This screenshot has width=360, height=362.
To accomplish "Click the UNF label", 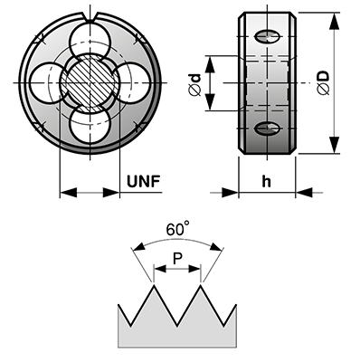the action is pyautogui.click(x=143, y=181).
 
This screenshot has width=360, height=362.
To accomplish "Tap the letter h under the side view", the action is pyautogui.click(x=266, y=182).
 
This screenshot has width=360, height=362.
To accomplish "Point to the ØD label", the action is pyautogui.click(x=324, y=83).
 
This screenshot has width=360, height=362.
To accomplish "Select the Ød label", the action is pyautogui.click(x=196, y=84).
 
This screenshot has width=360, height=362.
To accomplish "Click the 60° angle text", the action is pyautogui.click(x=178, y=229).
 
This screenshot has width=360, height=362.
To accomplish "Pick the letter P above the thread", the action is pyautogui.click(x=178, y=259).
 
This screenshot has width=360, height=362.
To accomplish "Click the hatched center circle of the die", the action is pyautogui.click(x=90, y=82).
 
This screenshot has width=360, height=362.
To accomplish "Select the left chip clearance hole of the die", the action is pyautogui.click(x=47, y=82).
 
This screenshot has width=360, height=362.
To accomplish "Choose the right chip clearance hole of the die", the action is pyautogui.click(x=133, y=82).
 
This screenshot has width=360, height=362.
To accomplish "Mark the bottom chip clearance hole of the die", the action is pyautogui.click(x=90, y=125).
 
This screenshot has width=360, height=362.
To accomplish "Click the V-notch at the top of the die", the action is pyautogui.click(x=90, y=17).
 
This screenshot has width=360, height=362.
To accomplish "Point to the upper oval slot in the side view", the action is pyautogui.click(x=268, y=37).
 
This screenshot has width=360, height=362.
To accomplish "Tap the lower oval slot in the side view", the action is pyautogui.click(x=268, y=129).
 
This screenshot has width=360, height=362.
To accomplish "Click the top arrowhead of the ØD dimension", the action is pyautogui.click(x=334, y=21).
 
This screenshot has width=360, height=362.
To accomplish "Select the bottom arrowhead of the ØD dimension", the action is pyautogui.click(x=334, y=145).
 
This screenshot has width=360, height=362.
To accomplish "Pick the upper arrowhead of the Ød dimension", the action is pyautogui.click(x=210, y=64).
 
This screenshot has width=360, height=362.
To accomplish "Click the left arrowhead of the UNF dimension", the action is pyautogui.click(x=68, y=192).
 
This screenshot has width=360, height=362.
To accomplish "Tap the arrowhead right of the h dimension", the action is pyautogui.click(x=304, y=192).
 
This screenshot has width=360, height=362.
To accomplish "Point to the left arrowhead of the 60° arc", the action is pyautogui.click(x=138, y=246).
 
